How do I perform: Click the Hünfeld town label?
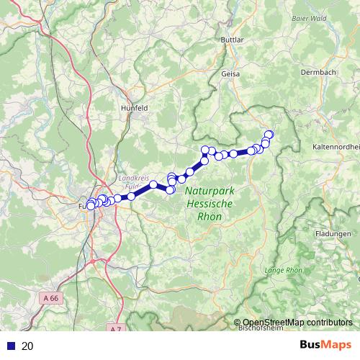coord(135,107)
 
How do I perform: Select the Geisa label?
coord(230,73)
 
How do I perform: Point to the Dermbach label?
coord(317,72)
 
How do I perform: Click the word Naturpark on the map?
coord(209,192)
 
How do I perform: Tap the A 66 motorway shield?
coord(50,297)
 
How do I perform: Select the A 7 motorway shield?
coord(117,328)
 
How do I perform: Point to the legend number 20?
coord(27,346)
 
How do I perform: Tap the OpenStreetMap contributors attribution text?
coord(297,323)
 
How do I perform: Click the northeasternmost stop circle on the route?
coord(269,134)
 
